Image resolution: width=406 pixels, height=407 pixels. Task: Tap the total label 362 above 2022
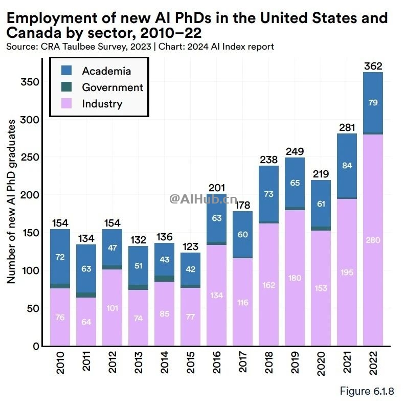coord(373,66)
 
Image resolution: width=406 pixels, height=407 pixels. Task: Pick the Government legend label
coord(112,87)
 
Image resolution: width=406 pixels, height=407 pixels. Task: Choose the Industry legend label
coord(102,104)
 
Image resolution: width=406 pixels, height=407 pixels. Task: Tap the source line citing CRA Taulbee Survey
coord(140,47)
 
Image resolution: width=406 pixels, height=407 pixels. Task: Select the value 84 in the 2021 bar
coord(347,165)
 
